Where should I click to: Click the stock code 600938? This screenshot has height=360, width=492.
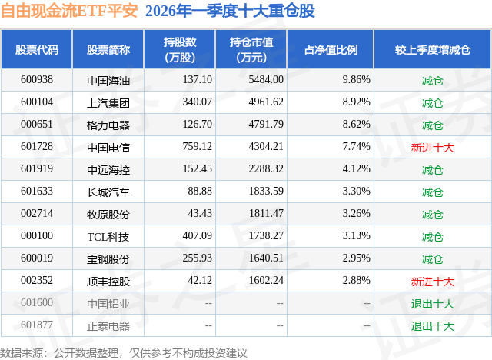[x=36, y=79]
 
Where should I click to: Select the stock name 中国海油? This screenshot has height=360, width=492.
[x=108, y=79]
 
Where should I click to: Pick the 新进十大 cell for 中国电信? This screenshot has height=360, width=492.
[x=433, y=146]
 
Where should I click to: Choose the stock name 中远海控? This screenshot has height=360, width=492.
[x=108, y=168]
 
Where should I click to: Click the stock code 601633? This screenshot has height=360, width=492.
[x=36, y=192]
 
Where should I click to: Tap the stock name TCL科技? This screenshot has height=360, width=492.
[x=108, y=236]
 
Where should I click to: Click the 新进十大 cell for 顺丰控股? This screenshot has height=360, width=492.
[x=433, y=281]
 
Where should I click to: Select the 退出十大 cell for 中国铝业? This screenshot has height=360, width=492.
[x=433, y=303]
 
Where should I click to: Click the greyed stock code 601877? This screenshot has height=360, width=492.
[x=36, y=325]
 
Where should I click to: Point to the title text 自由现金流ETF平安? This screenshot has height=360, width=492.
[x=69, y=11]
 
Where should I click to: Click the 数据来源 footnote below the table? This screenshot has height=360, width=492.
[x=124, y=352]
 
